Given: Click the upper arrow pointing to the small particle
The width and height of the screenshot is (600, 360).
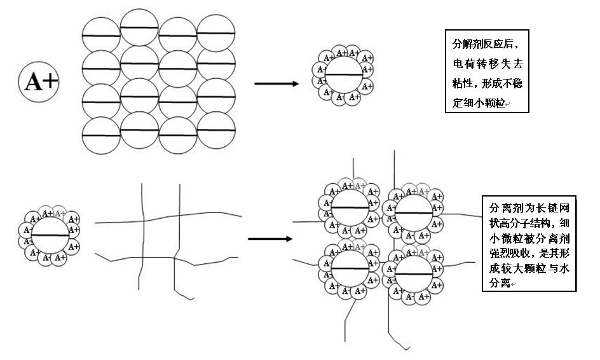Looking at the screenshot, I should (276, 83).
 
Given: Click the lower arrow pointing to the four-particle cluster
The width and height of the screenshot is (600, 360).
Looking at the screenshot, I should (269, 239).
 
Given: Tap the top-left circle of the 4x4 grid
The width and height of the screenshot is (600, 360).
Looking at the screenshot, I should (101, 36).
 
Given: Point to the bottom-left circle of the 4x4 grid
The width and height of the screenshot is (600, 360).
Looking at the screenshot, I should (101, 136).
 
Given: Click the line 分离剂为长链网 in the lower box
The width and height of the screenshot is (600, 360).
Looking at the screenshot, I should (529, 207).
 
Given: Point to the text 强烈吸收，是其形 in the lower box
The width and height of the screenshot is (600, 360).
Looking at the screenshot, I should (529, 253).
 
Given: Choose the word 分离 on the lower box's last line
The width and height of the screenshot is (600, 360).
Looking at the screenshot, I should (500, 283).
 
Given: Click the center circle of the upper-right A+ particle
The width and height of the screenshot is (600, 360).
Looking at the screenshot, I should (344, 75).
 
